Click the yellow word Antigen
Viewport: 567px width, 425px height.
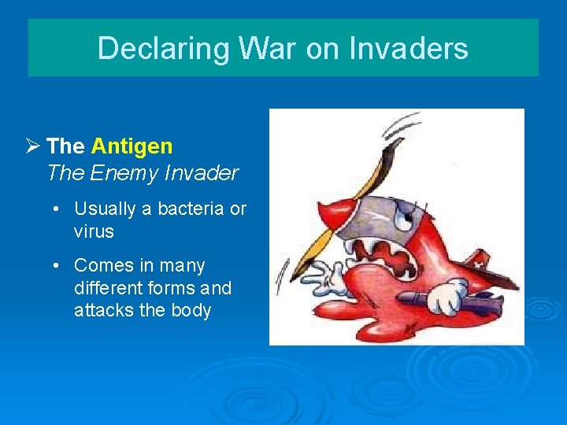pos(132,146)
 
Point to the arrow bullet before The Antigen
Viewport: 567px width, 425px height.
pos(33,146)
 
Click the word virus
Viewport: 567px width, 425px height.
pos(94,232)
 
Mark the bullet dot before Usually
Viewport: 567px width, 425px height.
pos(58,209)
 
